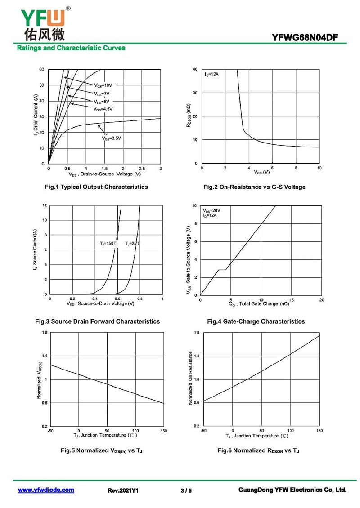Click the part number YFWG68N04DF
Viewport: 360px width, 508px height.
coord(305,38)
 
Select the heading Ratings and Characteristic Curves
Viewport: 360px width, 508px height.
coord(71,48)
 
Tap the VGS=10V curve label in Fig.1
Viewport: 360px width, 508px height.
coord(103,85)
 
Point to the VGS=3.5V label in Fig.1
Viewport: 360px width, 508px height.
coord(112,138)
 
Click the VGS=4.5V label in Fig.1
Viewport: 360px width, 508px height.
coord(103,109)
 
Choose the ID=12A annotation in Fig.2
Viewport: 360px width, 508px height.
coord(211,75)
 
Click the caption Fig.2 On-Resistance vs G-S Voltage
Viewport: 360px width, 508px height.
coord(254,187)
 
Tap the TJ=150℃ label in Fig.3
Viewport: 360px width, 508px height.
coord(108,243)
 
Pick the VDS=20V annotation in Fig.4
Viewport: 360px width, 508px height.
coord(211,210)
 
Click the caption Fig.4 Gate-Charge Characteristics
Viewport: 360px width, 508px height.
coord(256,321)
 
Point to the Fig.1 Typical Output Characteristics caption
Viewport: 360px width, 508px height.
coord(96,187)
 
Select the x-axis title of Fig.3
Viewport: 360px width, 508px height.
coord(100,303)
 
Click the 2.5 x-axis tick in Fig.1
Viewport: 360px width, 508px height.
coord(142,169)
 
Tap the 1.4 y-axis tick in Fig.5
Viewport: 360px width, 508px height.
coord(45,356)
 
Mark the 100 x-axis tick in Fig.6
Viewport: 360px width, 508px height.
coord(291,431)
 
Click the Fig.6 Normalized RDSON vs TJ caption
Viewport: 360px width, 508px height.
coord(258,450)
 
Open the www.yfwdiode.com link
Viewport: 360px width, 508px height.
coord(46,490)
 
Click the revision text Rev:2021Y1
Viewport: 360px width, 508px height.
coord(123,490)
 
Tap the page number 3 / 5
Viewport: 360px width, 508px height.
coord(186,490)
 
